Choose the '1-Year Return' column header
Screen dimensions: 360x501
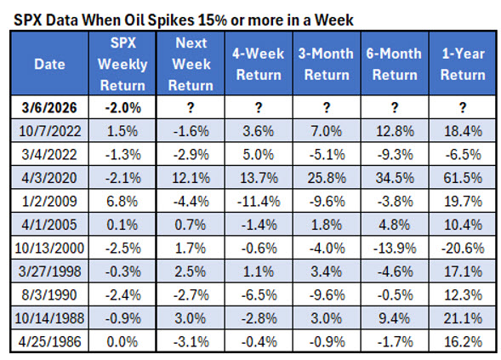pyautogui.click(x=463, y=63)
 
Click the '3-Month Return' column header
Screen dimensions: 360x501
pyautogui.click(x=325, y=63)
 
